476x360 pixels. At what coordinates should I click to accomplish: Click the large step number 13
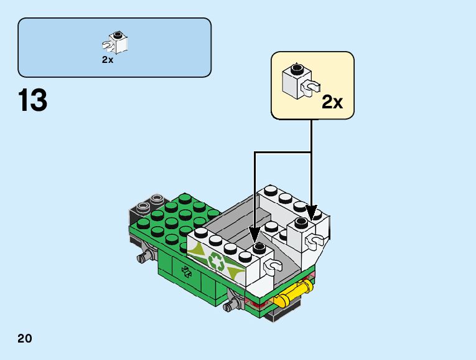[x=33, y=100]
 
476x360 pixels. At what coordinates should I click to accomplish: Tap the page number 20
[x=25, y=339]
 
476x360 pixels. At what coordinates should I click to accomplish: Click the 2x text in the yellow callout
[x=332, y=102]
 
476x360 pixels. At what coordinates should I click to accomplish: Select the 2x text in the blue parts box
[x=108, y=60]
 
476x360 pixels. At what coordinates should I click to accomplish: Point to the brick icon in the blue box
[x=117, y=42]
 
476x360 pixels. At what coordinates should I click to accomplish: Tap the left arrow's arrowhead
[x=254, y=235]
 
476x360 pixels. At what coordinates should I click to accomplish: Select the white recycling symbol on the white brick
[x=217, y=262]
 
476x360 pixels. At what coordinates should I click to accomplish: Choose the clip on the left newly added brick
[x=273, y=267]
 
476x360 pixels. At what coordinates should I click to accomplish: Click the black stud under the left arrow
[x=258, y=248]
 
